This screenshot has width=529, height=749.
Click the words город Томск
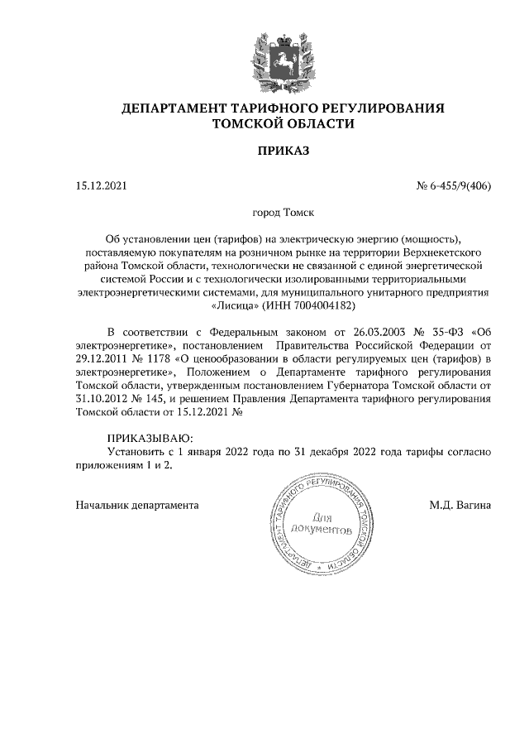click(283, 213)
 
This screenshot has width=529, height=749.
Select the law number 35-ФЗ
click(440, 332)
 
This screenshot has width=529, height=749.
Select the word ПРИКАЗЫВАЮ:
click(150, 438)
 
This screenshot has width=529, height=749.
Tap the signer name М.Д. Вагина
click(460, 503)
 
